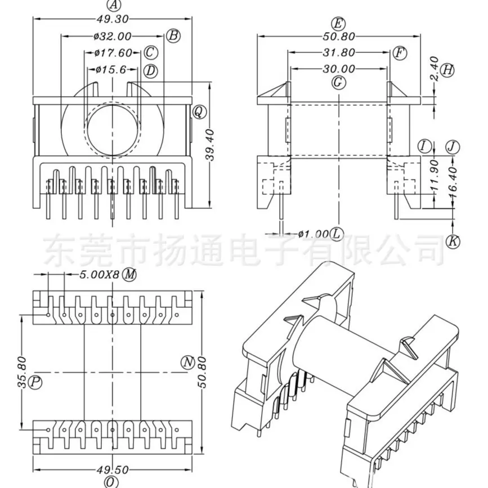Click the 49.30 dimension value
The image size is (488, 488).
click(x=113, y=19)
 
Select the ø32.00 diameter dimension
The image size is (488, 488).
click(x=113, y=37)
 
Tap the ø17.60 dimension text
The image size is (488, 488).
click(x=113, y=53)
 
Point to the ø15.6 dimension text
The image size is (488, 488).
click(x=111, y=69)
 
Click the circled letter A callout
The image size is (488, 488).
click(x=113, y=5)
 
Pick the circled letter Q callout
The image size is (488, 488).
click(x=199, y=112)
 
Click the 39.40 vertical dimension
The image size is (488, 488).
click(x=211, y=145)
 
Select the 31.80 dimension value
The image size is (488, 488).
click(x=339, y=52)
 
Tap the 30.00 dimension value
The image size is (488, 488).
click(x=339, y=69)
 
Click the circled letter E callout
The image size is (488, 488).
click(x=338, y=23)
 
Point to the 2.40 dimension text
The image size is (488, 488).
click(x=434, y=69)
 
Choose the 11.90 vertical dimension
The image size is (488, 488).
click(x=434, y=175)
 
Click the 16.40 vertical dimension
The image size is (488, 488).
click(x=453, y=183)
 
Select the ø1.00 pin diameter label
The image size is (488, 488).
click(x=314, y=234)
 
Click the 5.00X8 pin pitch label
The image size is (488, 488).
click(x=100, y=275)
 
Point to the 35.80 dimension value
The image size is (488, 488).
click(x=22, y=372)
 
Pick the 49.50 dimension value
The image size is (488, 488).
click(x=113, y=470)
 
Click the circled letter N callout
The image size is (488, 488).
click(x=187, y=362)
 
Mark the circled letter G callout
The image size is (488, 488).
click(x=338, y=83)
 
